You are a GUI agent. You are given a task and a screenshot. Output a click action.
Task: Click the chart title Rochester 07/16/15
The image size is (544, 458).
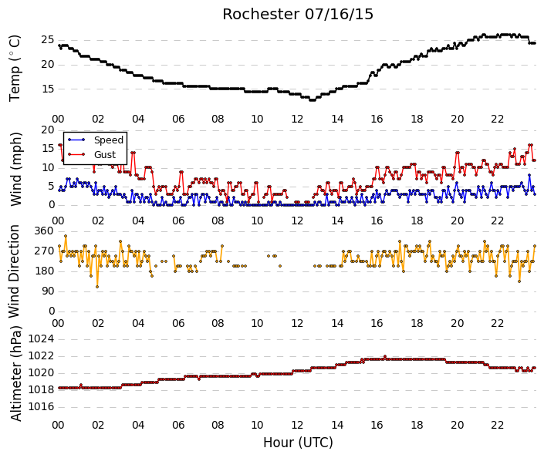point(298,14)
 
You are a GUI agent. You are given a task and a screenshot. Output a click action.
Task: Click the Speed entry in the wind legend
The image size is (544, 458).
point(109,140)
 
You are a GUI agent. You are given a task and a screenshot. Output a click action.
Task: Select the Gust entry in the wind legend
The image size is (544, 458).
point(105,155)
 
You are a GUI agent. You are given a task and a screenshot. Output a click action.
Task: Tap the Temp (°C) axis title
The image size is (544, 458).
point(15,69)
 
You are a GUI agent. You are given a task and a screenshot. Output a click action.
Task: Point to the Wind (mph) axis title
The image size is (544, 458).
point(15,169)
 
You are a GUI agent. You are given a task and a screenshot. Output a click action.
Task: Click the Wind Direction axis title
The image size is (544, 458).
point(14,271)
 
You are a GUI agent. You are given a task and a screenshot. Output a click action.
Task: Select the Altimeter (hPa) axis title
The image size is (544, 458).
point(16,373)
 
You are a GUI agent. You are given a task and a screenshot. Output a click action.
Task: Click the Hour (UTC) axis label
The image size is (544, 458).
point(298,443)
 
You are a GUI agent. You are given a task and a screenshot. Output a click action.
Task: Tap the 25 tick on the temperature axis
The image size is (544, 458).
point(48,40)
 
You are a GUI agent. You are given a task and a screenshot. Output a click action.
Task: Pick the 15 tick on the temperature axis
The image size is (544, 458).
point(48,89)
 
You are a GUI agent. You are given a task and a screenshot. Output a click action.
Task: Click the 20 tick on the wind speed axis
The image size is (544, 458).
point(48,130)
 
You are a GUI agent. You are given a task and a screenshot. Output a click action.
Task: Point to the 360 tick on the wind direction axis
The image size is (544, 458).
point(44,231)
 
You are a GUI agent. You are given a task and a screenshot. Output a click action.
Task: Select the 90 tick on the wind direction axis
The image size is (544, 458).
point(48,291)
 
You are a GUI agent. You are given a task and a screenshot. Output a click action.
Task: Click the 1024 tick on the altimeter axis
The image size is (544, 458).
point(42,338)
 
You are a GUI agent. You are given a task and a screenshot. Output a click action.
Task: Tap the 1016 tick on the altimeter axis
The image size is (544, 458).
point(42,406)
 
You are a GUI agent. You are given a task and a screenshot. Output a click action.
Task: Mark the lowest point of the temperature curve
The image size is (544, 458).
point(313,100)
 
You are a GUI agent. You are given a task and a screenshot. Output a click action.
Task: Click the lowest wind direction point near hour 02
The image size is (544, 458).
point(97,287)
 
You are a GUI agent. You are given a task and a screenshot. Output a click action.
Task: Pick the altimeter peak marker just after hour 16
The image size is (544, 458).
point(385,356)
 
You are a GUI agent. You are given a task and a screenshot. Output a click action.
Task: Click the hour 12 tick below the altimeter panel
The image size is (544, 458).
point(297,425)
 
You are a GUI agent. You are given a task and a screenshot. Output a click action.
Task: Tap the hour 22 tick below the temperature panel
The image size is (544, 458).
point(497,120)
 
